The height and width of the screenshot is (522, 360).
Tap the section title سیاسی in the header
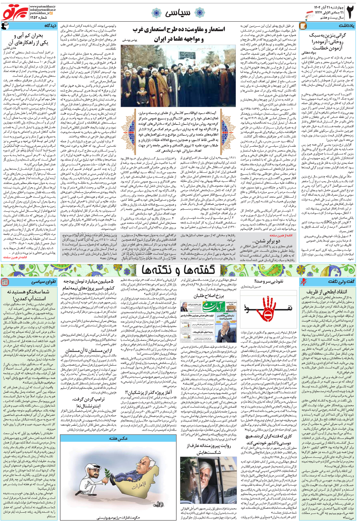tap(177, 13)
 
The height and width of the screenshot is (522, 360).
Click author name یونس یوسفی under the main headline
tap(130, 40)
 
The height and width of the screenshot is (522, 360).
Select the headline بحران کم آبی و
tap(28, 36)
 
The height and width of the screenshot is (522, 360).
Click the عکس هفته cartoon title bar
tap(118, 438)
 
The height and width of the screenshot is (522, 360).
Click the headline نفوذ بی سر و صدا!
tap(268, 281)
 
